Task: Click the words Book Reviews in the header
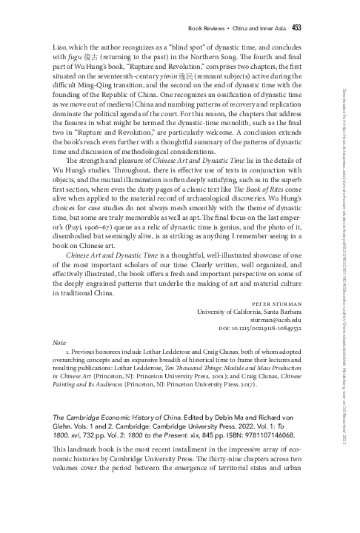209,29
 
